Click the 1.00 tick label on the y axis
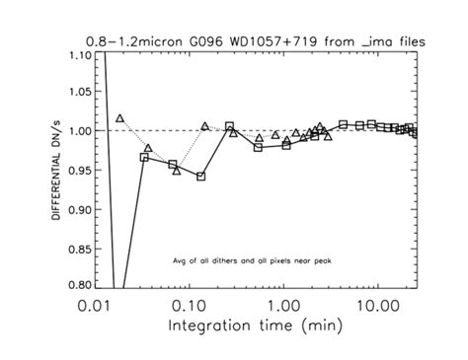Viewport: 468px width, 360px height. click(x=77, y=131)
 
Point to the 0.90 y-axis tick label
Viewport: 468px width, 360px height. click(x=77, y=209)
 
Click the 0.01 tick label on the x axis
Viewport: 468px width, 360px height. click(x=95, y=304)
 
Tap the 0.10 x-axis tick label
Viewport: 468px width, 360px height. click(x=189, y=304)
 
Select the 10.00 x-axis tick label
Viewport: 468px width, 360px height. click(x=376, y=304)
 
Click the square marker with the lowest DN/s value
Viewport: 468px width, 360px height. click(x=200, y=177)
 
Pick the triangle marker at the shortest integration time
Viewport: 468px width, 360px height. click(x=119, y=118)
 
